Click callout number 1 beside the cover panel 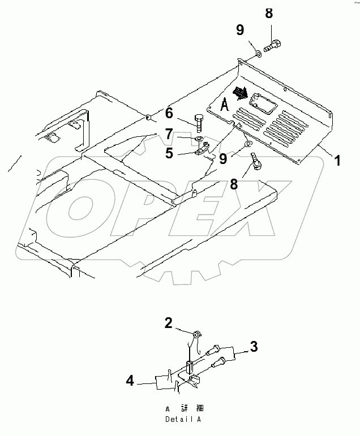(337, 161)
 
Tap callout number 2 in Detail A (169, 323)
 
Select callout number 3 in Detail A (254, 347)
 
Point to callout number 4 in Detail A (130, 382)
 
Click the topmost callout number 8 (269, 13)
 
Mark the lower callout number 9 (223, 159)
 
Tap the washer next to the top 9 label (258, 54)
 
